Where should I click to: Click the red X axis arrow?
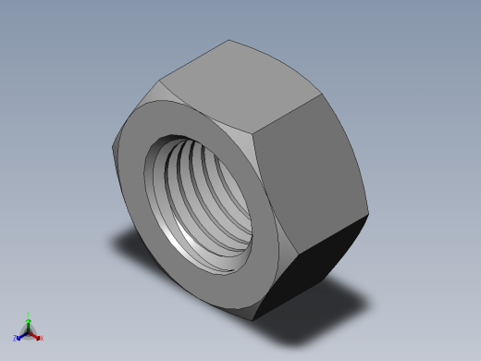(x=35, y=335)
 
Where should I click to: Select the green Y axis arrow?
(x=29, y=322)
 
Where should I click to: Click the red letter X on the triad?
(x=42, y=338)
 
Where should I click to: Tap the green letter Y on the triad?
(x=29, y=315)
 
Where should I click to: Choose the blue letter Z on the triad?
(x=16, y=339)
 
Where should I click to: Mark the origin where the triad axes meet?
(x=29, y=330)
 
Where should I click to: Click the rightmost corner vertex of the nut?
(x=368, y=215)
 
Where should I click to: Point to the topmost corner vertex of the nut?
(x=230, y=40)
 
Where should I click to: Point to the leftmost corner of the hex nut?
(x=115, y=148)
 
